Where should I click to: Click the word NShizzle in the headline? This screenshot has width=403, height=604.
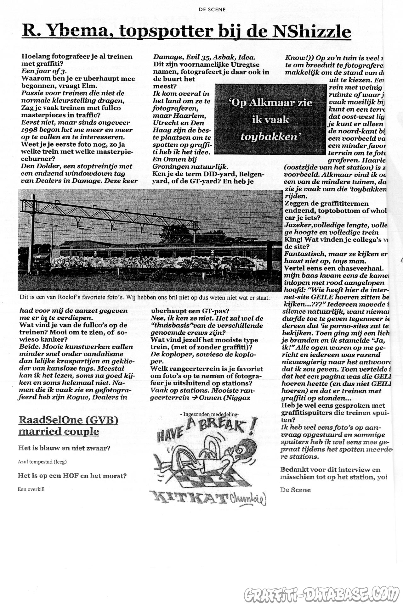(311, 32)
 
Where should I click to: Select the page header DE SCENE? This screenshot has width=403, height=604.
(212, 9)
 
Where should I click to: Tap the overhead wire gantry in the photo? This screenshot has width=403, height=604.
(110, 214)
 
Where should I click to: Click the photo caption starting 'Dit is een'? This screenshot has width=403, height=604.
(145, 297)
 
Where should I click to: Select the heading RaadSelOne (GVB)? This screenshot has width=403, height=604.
(68, 420)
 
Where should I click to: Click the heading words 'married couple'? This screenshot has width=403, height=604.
(59, 432)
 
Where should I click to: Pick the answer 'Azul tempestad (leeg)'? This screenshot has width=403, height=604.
(42, 462)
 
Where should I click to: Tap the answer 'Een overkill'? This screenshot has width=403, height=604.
(31, 489)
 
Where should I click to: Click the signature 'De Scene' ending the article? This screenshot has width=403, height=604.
(295, 490)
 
